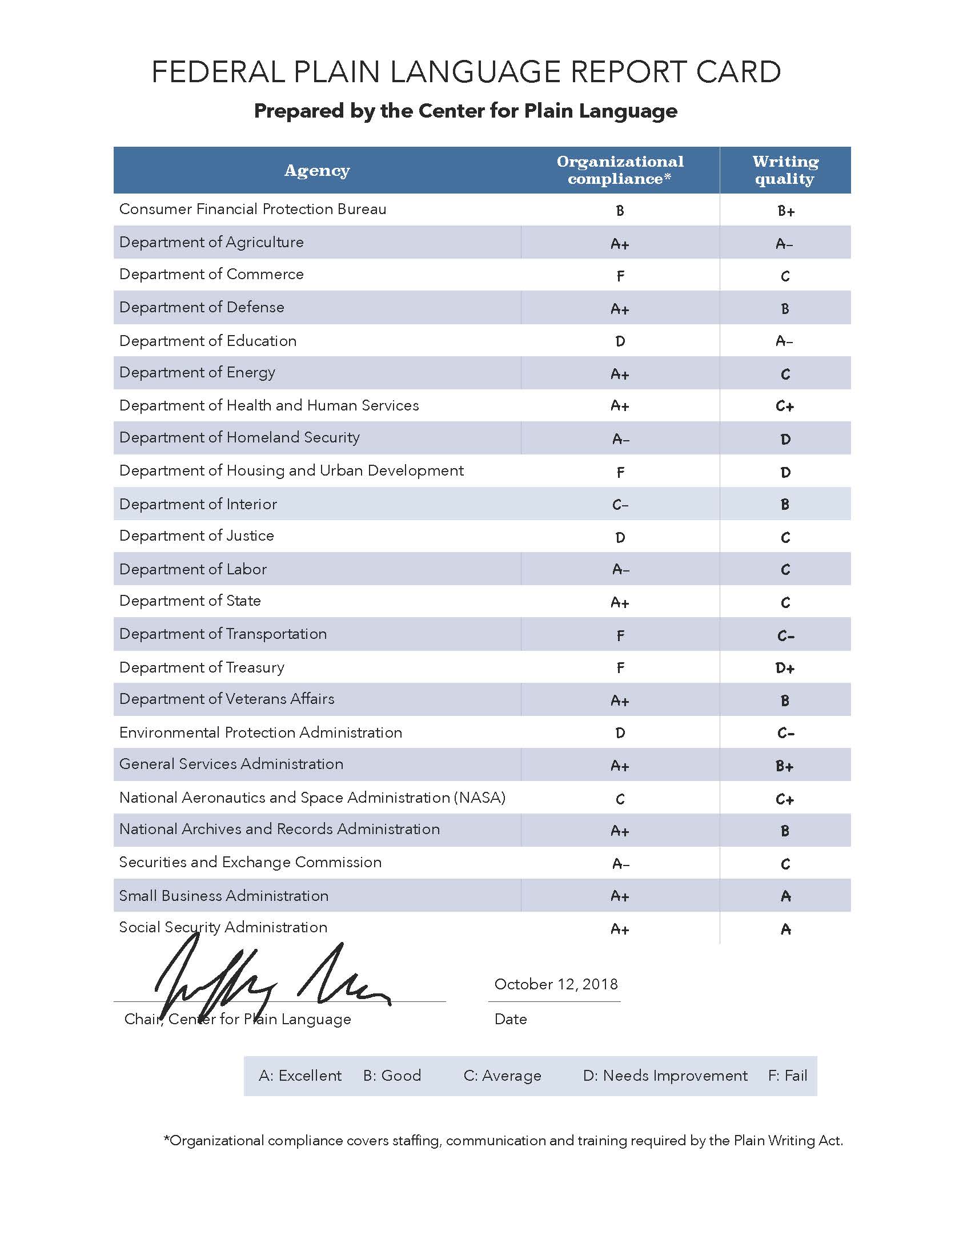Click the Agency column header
click(317, 170)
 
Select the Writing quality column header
click(785, 170)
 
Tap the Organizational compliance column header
click(620, 170)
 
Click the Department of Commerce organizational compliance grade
click(620, 276)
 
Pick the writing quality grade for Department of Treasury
click(785, 668)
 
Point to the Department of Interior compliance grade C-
click(620, 505)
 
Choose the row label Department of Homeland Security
click(239, 438)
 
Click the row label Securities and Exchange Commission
click(250, 862)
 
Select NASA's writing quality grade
click(785, 799)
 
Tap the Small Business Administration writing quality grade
click(785, 896)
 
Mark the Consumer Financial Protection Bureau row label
click(252, 210)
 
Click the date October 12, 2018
click(556, 985)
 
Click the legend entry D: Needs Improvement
click(665, 1076)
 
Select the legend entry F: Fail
click(788, 1076)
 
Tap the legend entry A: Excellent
click(300, 1076)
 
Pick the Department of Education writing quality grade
click(784, 341)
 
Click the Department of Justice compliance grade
click(620, 537)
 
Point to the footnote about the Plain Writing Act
click(503, 1141)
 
